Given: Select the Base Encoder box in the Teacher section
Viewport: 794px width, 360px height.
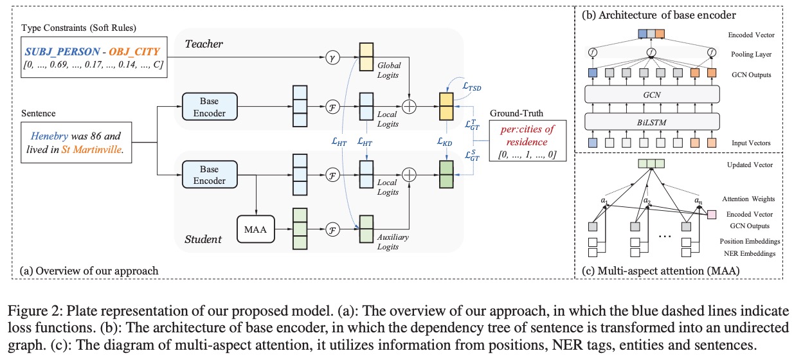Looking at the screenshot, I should (x=210, y=106).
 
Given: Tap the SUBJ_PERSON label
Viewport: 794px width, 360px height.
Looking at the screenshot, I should (x=62, y=48).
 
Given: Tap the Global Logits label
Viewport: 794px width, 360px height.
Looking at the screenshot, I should (x=388, y=70).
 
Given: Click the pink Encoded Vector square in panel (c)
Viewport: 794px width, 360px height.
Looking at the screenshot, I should (x=712, y=215).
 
